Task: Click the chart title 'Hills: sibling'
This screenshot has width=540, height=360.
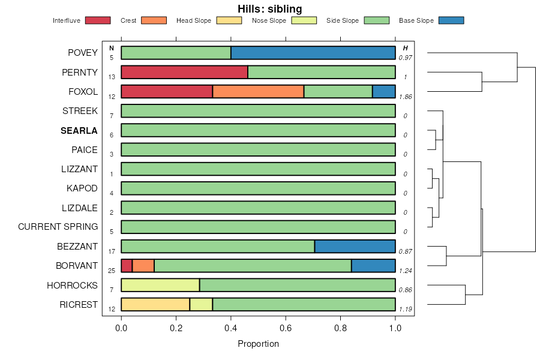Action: [269, 8]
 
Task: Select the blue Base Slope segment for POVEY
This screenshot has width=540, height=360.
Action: [313, 53]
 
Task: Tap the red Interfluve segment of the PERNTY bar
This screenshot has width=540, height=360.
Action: [184, 72]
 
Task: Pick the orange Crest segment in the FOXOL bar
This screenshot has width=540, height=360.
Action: [258, 91]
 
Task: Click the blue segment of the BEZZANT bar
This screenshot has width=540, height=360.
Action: [355, 246]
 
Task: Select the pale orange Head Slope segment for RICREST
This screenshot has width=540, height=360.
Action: [155, 304]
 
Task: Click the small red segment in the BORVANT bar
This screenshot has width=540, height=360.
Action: [127, 266]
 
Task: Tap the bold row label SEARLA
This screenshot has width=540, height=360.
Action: [79, 130]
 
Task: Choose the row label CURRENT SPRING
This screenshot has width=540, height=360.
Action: [58, 227]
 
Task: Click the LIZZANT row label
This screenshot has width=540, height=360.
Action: [79, 169]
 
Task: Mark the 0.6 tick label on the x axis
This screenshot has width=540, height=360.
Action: [286, 328]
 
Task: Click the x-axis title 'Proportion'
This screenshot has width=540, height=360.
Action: [258, 344]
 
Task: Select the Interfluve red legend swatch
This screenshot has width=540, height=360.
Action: [98, 20]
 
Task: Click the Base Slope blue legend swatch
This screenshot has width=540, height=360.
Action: [451, 20]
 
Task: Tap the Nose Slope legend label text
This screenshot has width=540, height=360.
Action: [269, 20]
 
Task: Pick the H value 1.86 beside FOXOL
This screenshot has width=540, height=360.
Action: [406, 96]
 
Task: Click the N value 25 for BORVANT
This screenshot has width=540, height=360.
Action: [112, 271]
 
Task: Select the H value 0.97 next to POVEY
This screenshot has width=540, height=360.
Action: [406, 58]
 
